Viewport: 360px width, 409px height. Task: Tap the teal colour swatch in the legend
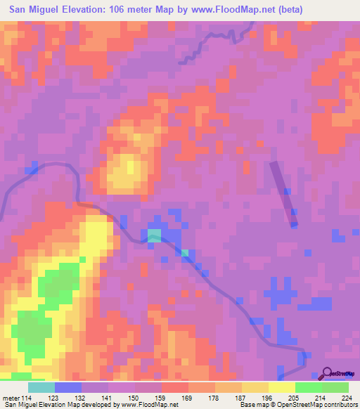41,387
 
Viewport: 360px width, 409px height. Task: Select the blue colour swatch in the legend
68,387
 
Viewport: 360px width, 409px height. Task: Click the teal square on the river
154,235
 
